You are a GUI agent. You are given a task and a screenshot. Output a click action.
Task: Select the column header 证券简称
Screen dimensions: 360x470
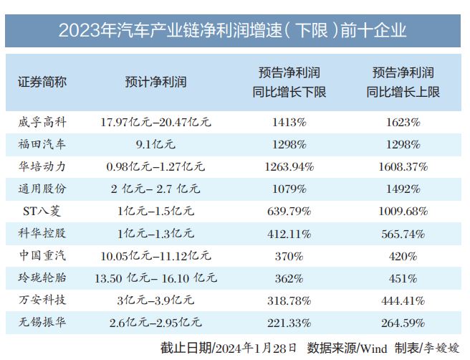pos(42,82)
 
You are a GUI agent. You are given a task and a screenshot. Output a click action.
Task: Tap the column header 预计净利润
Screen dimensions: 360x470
pos(155,82)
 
